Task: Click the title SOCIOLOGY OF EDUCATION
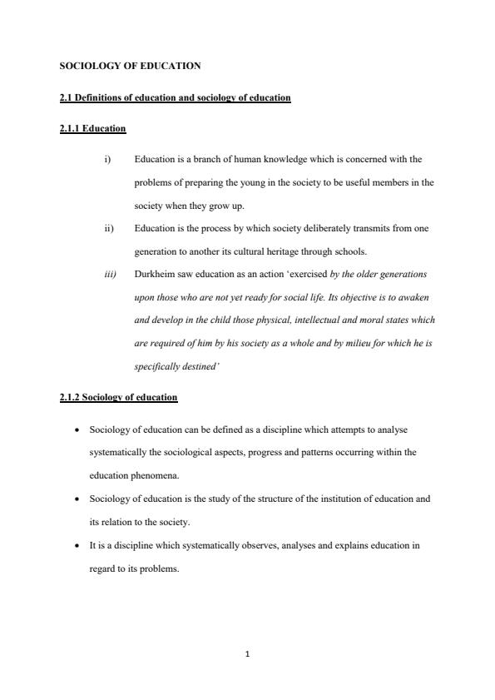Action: [x=131, y=65]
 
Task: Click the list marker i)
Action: [x=108, y=159]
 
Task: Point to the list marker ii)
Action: [x=109, y=228]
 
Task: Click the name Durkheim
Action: [x=153, y=274]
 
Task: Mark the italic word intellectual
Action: [x=299, y=320]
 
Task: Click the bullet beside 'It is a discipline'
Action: [x=77, y=545]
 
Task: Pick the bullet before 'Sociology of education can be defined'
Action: [x=77, y=429]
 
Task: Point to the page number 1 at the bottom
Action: [x=248, y=653]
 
